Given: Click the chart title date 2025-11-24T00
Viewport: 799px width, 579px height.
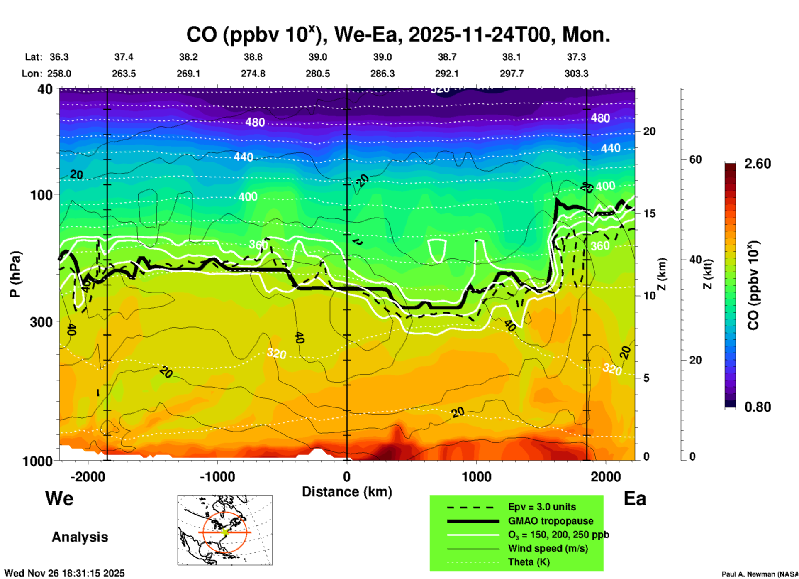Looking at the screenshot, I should pos(482,34).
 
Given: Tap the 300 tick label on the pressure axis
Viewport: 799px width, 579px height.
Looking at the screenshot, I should pos(41,322).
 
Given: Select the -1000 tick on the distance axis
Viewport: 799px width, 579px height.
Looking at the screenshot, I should pos(217,477).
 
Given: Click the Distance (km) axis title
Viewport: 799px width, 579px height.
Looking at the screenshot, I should pos(347,492).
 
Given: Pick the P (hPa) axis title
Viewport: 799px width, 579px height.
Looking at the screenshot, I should pos(15,274).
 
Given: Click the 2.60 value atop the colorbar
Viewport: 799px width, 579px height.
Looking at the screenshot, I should pos(758,164).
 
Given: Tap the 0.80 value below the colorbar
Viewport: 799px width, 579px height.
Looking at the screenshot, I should pos(758,407).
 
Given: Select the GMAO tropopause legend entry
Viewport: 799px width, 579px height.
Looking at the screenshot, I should pos(551,521).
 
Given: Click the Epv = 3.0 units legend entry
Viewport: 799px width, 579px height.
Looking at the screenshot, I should pos(542,507).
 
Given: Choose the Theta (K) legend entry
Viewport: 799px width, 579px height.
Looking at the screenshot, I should pos(529,562).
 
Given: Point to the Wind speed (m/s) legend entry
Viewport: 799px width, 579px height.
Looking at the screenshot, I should pos(548,548).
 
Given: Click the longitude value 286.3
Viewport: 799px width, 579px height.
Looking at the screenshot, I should pos(382,74).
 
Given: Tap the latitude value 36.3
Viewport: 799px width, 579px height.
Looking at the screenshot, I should pos(59,57).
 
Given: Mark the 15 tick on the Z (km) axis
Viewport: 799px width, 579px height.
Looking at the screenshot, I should pos(649,213).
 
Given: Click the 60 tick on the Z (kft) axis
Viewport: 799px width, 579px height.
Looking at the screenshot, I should pos(695,159).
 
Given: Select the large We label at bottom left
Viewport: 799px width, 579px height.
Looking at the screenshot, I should pos(59,498).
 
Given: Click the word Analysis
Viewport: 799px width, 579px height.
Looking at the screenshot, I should pos(80,537).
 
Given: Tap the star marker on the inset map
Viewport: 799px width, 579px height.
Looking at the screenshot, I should pos(225,532).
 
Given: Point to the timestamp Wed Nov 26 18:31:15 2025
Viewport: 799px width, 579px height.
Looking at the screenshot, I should pos(64,573).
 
